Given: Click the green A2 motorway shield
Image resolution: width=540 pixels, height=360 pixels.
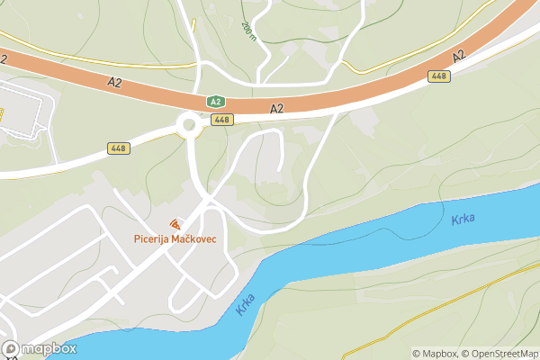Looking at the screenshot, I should [x=215, y=103].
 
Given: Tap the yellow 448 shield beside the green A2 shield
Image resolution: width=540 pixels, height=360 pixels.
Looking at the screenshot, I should [x=222, y=119].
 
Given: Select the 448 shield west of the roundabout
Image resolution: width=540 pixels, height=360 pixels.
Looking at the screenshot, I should [x=118, y=148].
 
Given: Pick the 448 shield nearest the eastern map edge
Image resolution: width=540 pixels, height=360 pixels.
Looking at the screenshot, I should [x=439, y=76].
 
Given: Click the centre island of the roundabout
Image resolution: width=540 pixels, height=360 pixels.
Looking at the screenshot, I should [x=190, y=124].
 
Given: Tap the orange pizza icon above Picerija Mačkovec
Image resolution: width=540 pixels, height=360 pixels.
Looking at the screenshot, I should [x=175, y=223].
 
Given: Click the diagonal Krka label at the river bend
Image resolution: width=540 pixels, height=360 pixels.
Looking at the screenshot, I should [x=245, y=303].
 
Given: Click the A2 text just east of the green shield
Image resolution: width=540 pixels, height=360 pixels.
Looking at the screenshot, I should [x=276, y=109].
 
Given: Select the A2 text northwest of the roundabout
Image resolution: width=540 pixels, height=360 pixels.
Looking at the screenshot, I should [x=114, y=83].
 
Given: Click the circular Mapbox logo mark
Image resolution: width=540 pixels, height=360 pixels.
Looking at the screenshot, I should [x=11, y=348].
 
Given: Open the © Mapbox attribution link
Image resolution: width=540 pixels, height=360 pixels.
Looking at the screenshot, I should [x=436, y=354].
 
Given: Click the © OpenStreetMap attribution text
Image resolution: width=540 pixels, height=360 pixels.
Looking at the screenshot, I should [x=500, y=354].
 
